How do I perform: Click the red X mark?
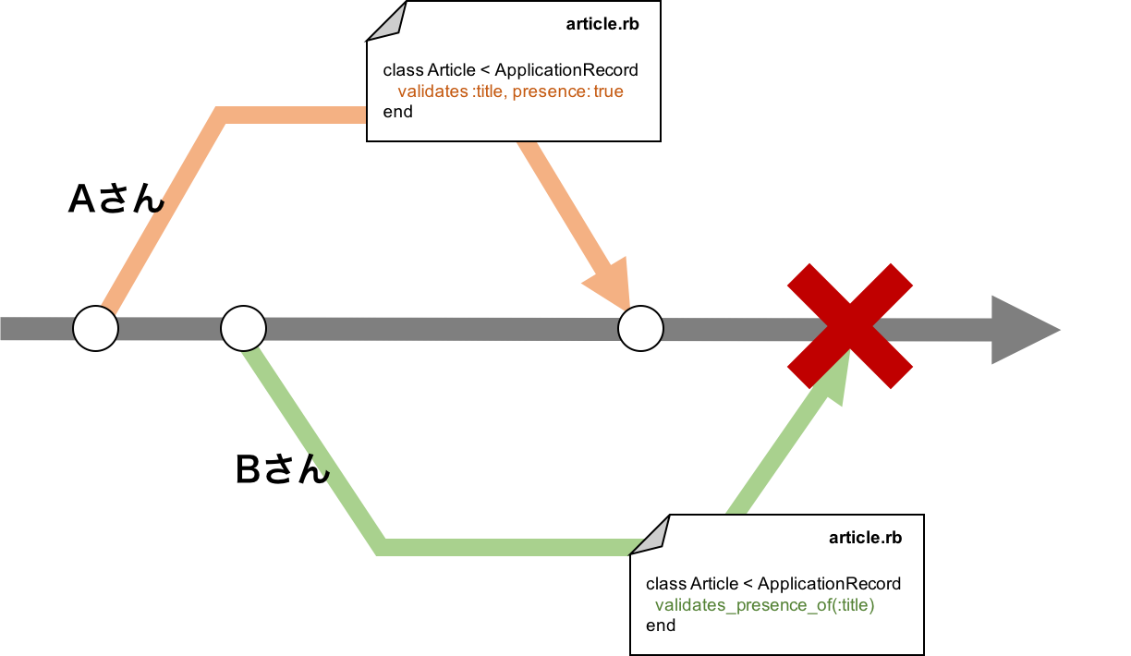[850, 325]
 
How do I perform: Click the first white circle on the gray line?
[96, 328]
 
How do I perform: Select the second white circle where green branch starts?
[244, 328]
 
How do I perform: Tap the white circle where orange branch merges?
[640, 328]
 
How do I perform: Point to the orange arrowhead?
[610, 282]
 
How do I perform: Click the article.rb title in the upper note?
[602, 24]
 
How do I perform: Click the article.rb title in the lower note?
[865, 538]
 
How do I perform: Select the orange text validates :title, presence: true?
[510, 91]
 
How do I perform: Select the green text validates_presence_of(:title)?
[764, 605]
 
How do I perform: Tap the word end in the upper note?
[397, 112]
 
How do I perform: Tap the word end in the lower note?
[660, 626]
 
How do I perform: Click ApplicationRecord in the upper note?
[566, 70]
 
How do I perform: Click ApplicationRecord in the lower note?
[829, 584]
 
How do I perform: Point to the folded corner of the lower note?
[652, 535]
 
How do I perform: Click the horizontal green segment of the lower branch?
[508, 547]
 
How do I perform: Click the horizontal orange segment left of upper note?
[296, 115]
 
